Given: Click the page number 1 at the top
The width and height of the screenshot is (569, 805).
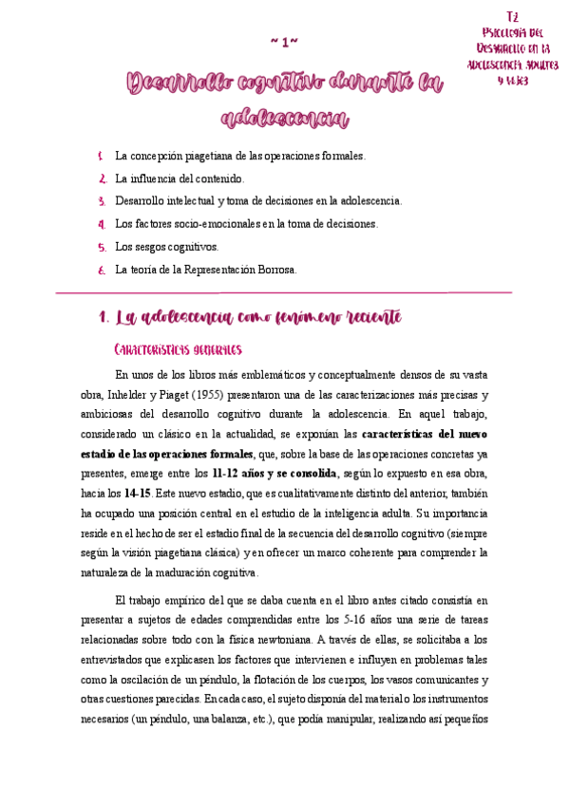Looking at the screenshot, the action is click(x=285, y=43).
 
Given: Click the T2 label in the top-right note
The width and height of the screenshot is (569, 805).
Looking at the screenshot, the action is click(x=513, y=17).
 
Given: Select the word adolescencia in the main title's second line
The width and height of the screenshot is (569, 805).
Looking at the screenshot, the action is click(x=284, y=119).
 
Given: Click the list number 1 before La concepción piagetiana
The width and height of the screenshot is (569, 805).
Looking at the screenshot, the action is click(x=102, y=156).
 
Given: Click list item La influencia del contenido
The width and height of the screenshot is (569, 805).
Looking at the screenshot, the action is click(x=180, y=178).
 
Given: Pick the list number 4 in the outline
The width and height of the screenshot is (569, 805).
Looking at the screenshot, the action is click(x=102, y=224).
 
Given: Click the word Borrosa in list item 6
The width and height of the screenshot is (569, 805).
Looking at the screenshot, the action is click(x=276, y=270).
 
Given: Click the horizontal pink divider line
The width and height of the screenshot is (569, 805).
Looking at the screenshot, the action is click(x=284, y=291).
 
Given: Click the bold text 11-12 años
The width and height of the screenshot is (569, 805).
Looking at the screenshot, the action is click(x=234, y=472).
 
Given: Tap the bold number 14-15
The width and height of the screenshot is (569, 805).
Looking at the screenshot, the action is click(x=135, y=494).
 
